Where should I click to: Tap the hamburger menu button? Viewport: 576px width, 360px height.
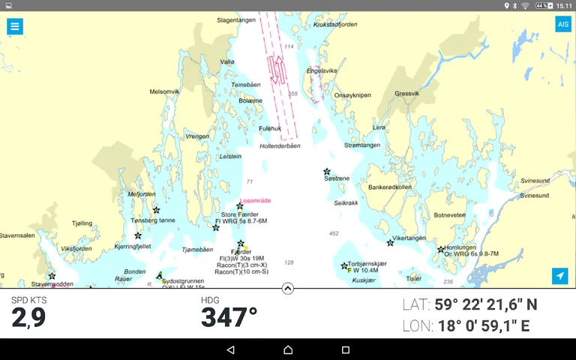tap(15, 26)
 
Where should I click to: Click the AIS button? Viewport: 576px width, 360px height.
tap(562, 25)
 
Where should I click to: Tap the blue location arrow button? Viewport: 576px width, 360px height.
tap(560, 276)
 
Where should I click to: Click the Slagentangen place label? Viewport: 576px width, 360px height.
tap(236, 20)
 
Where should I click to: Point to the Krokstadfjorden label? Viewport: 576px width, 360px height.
tap(335, 25)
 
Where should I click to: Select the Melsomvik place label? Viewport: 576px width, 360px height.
tap(164, 91)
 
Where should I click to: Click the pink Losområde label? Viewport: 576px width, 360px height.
tap(255, 201)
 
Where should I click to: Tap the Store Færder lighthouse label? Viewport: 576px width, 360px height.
tap(239, 214)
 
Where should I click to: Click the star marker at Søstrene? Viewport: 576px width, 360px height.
tap(327, 172)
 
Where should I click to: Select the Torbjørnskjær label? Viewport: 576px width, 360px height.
tap(367, 264)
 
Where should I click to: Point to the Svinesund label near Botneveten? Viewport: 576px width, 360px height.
tap(534, 196)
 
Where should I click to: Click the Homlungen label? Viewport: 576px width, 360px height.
tap(460, 247)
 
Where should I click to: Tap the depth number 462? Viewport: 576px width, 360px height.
tap(334, 233)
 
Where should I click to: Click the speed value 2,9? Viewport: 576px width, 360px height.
tap(28, 318)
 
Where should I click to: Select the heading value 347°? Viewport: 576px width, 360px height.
tap(229, 317)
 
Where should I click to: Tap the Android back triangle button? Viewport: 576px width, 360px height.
tap(230, 349)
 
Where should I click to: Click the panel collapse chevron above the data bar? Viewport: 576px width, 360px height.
tap(288, 288)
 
